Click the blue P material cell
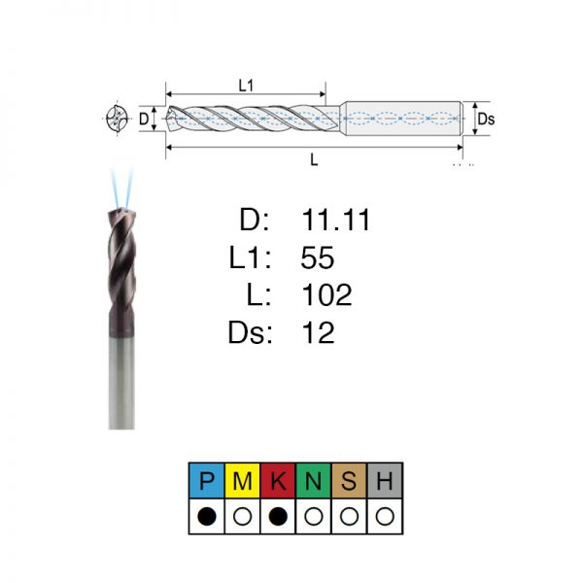[x=207, y=480]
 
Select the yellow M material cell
[x=242, y=480]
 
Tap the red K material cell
[x=278, y=480]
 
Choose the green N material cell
[x=314, y=480]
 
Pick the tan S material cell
[x=349, y=480]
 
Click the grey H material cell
[x=385, y=480]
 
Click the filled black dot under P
[x=207, y=517]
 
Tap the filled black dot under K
[x=278, y=517]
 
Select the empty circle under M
[x=242, y=517]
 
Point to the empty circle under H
[x=385, y=517]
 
